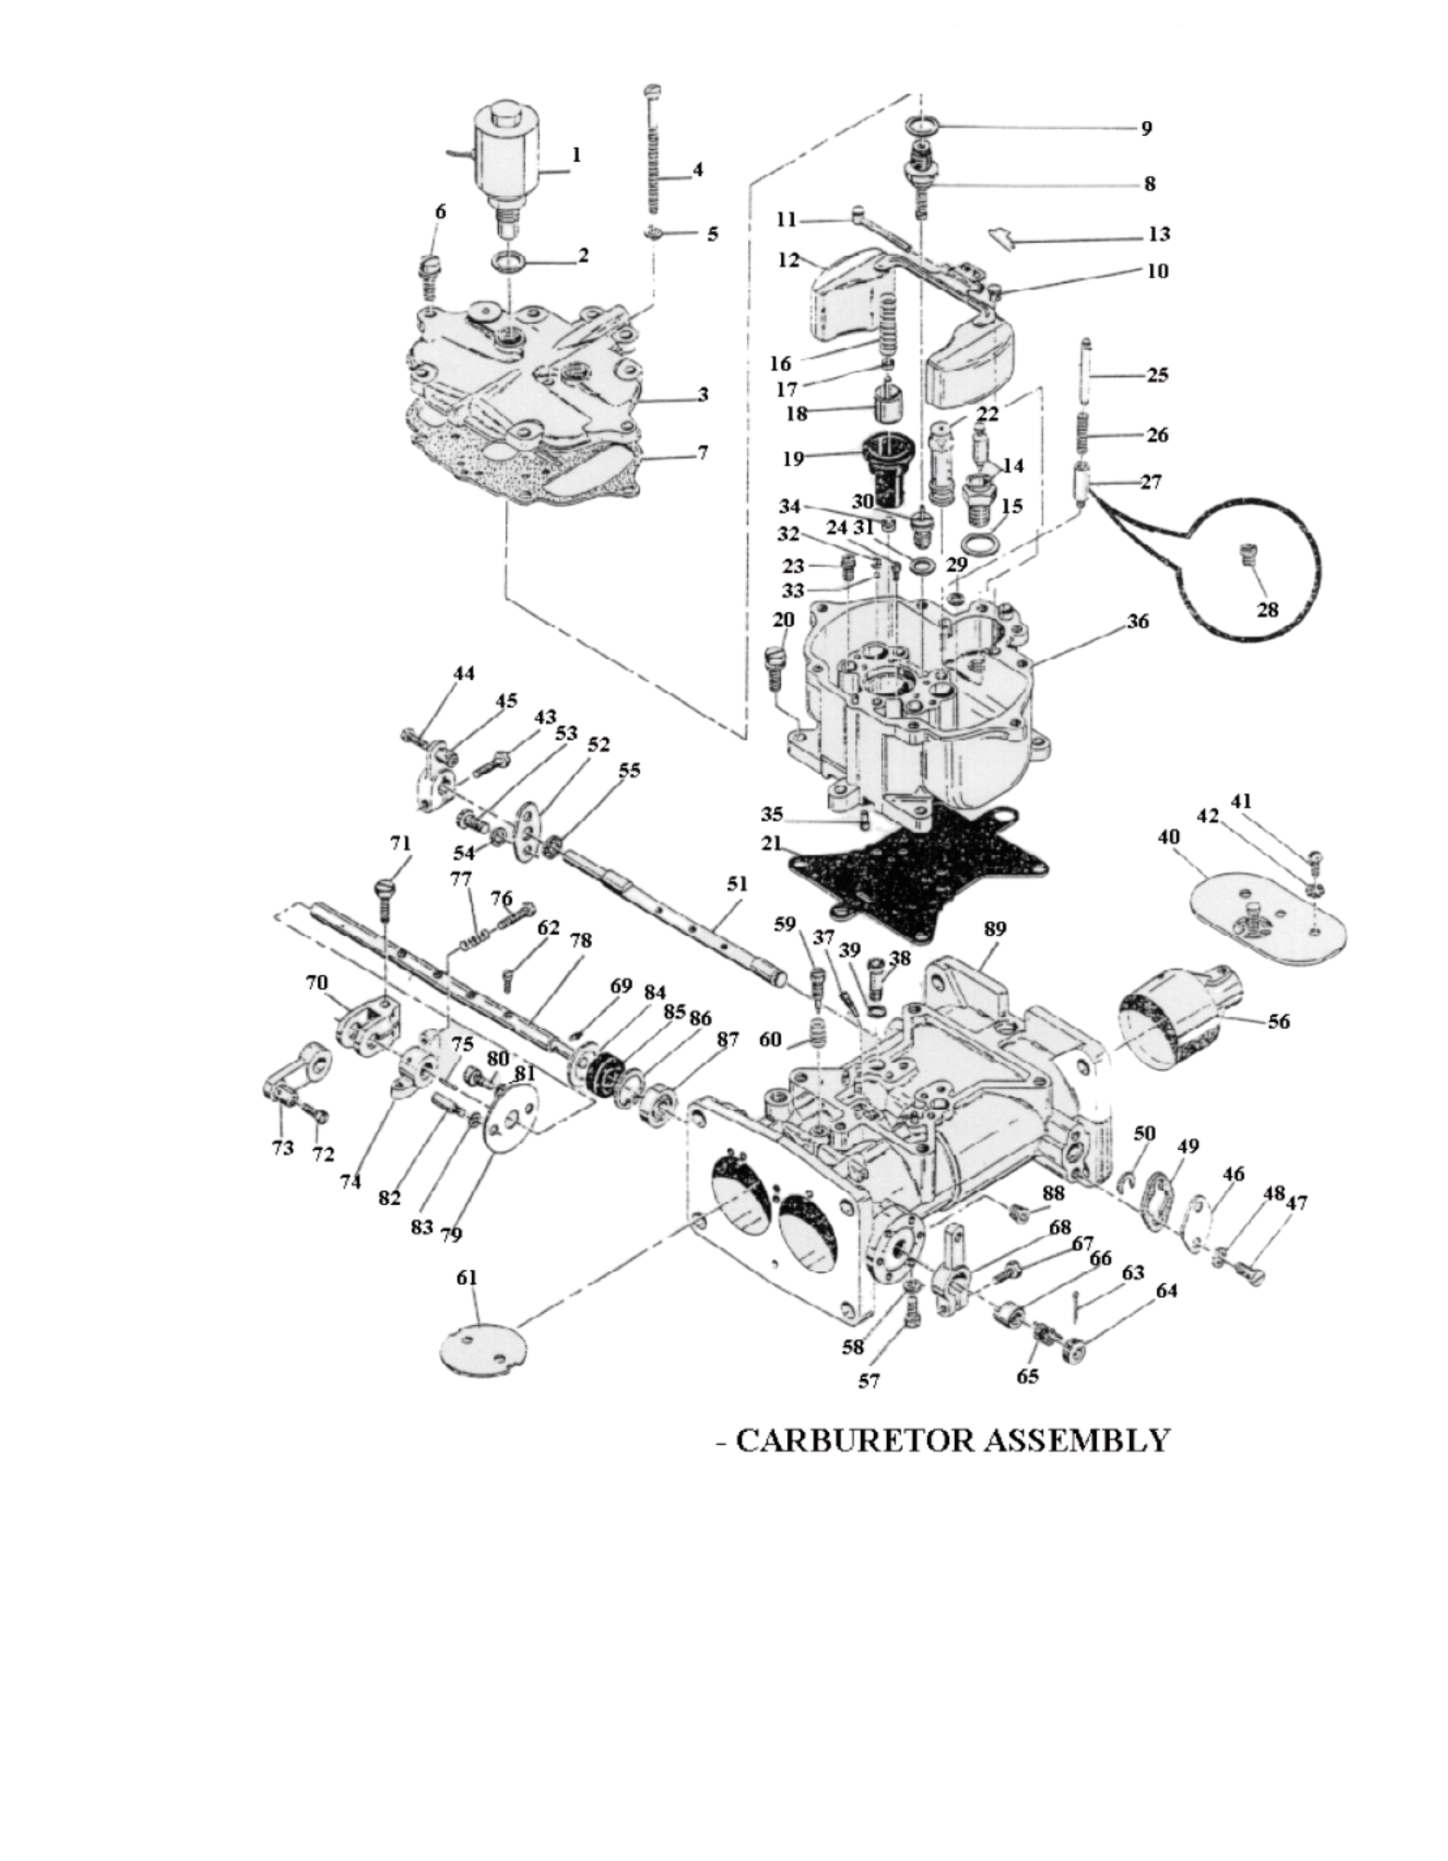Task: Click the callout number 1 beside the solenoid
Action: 576,155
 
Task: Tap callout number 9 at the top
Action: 1146,127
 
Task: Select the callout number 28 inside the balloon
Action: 1267,609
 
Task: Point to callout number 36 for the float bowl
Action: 1138,621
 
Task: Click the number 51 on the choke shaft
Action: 737,884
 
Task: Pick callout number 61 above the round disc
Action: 466,1278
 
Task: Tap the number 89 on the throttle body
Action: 995,929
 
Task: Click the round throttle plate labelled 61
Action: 483,1346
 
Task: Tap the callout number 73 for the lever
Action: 282,1147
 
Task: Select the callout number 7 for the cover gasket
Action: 702,453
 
